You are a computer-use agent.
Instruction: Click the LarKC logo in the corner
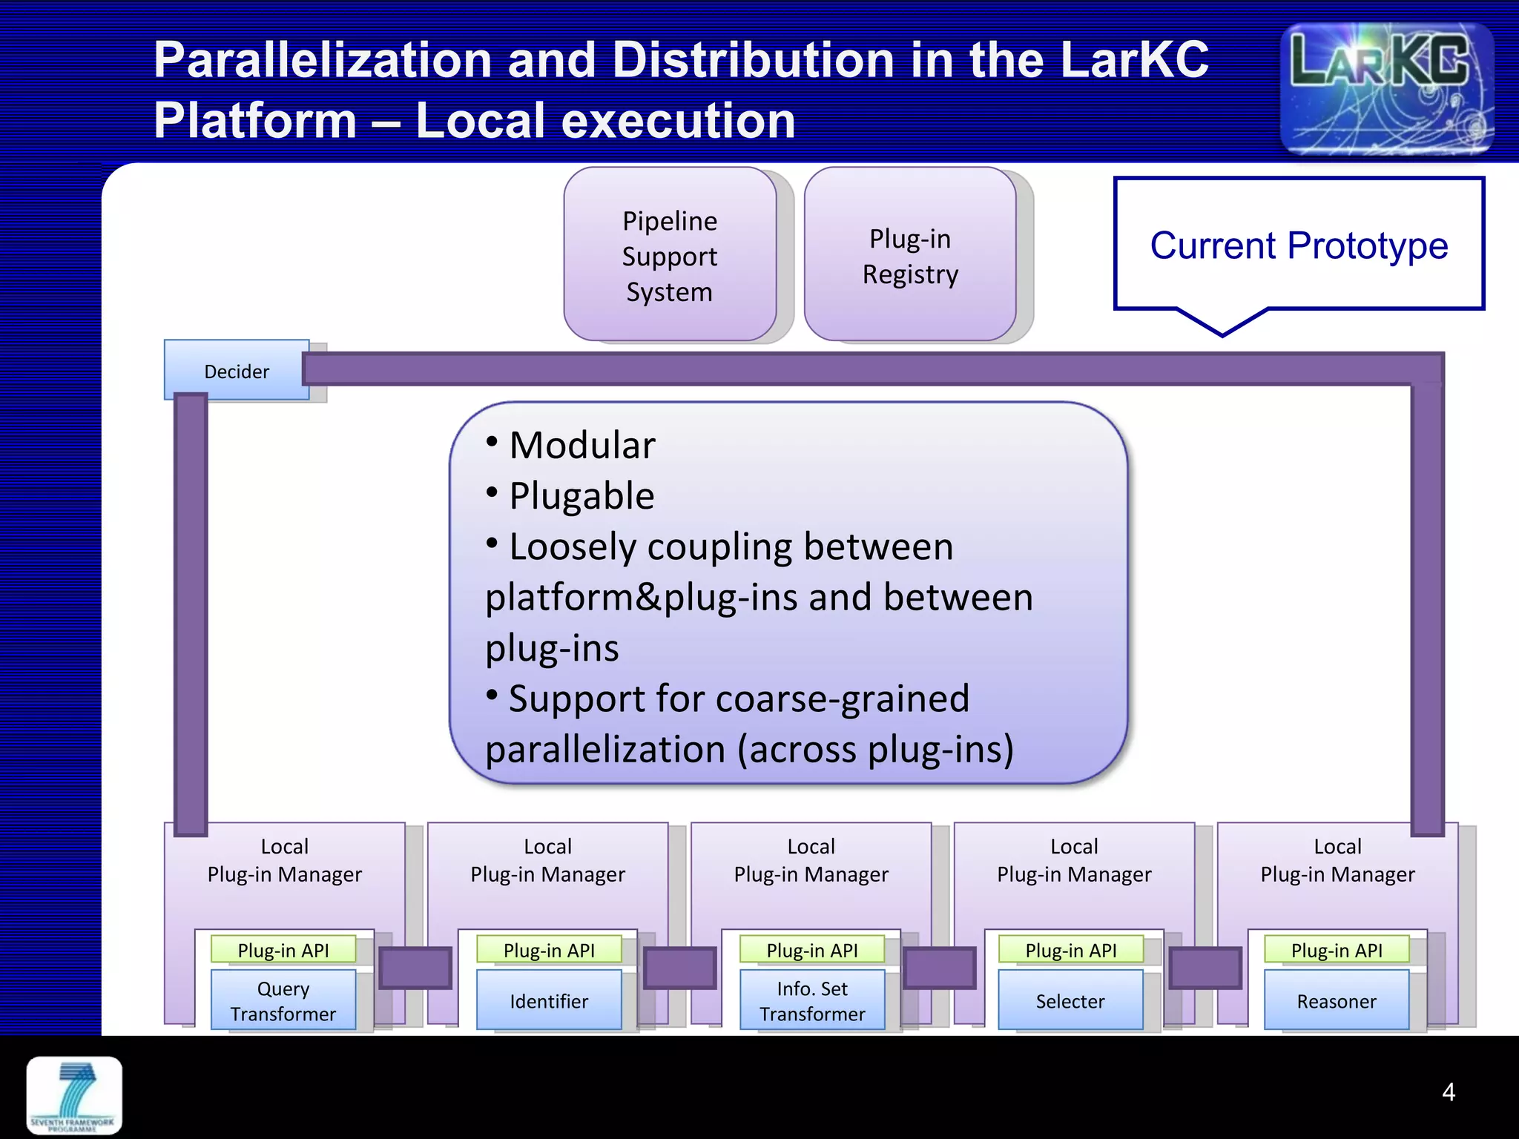1385,88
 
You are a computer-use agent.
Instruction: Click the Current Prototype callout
1299,245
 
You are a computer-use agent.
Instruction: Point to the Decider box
236,371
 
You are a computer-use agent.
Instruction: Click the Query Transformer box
283,1001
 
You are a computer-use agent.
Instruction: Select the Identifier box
549,1001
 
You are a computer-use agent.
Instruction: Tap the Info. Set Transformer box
812,1001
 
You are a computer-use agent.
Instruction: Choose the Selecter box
1070,1001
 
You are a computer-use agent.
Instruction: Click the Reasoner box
1337,1001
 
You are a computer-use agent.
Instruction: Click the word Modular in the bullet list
582,446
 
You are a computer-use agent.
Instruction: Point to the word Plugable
582,496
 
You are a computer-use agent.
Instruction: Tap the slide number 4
1448,1092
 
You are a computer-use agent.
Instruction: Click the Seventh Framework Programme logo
74,1095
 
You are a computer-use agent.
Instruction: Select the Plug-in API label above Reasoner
1337,950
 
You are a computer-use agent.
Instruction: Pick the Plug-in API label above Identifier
549,950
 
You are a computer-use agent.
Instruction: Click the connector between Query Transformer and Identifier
415,968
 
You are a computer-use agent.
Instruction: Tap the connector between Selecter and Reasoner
1205,968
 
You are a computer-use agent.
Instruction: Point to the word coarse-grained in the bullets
842,699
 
